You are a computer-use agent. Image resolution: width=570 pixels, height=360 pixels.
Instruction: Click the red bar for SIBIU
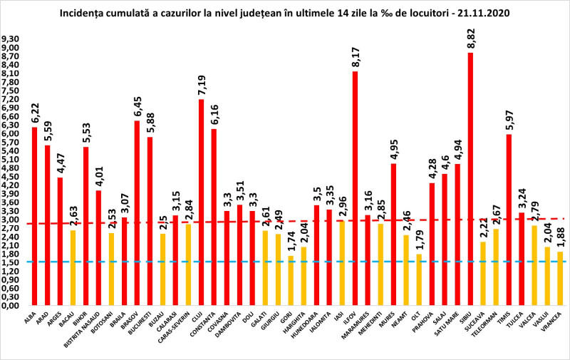point(470,178)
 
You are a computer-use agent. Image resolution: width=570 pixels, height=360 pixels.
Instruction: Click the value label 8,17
point(354,56)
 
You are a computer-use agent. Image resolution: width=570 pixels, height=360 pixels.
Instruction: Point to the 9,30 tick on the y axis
point(11,39)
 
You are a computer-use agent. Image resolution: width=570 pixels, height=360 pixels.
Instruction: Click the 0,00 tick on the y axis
point(11,306)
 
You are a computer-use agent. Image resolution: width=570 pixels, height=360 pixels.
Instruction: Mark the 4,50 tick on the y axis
point(11,177)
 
